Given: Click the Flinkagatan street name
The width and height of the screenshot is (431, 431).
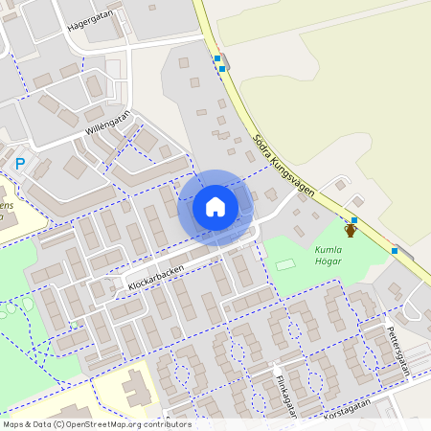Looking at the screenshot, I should [x=283, y=390].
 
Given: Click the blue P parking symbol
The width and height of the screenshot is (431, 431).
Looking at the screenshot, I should [x=20, y=165].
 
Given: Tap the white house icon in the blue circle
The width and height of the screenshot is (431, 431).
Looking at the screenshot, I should [x=215, y=207].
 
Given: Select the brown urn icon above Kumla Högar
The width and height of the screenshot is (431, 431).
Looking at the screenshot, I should [x=351, y=230].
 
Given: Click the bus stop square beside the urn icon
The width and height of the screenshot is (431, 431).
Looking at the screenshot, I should [x=354, y=219].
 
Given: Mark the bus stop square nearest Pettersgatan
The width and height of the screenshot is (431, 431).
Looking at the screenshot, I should [x=395, y=251].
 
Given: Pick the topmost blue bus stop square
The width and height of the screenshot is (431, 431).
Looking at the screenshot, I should [x=218, y=58].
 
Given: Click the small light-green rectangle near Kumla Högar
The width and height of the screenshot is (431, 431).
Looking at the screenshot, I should [x=286, y=263].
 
